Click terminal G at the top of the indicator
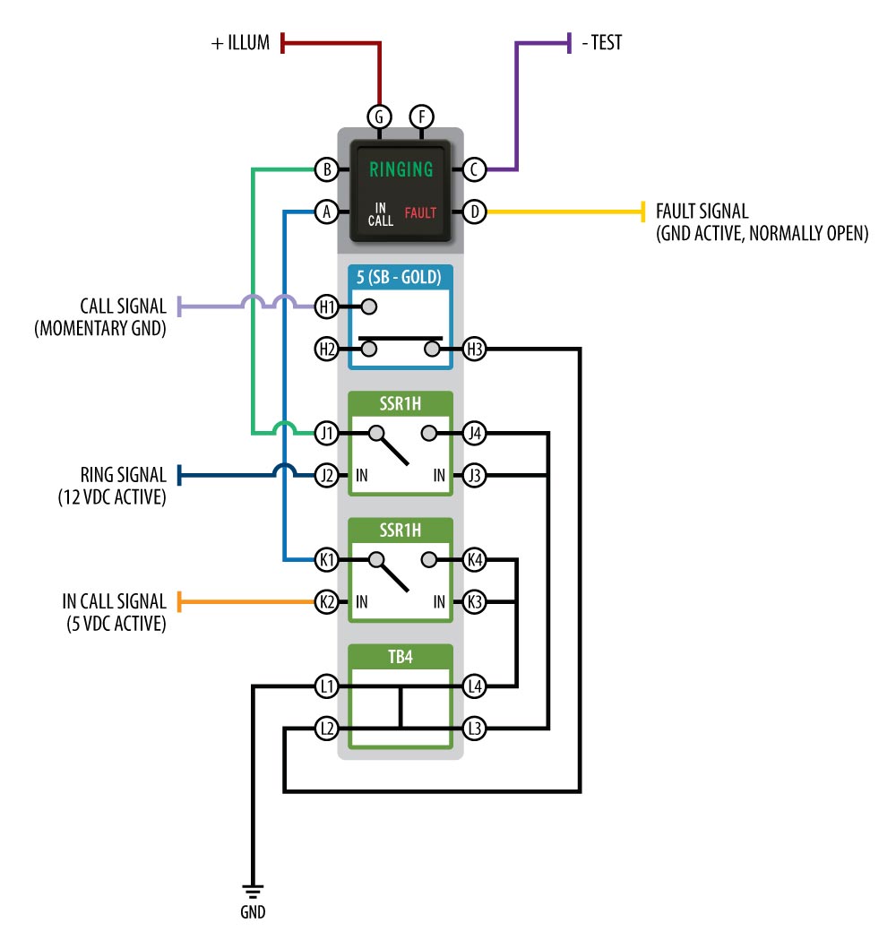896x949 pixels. pyautogui.click(x=379, y=116)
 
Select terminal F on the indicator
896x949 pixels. pyautogui.click(x=422, y=116)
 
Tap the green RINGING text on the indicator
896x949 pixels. pyautogui.click(x=401, y=169)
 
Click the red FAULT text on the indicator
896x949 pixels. pyautogui.click(x=420, y=213)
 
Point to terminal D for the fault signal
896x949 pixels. pyautogui.click(x=474, y=211)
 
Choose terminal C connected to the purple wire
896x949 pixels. pyautogui.click(x=474, y=169)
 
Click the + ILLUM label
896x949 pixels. pyautogui.click(x=240, y=43)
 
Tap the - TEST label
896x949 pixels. pyautogui.click(x=602, y=43)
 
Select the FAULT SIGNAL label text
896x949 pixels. pyautogui.click(x=702, y=211)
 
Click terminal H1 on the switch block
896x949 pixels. pyautogui.click(x=327, y=306)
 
